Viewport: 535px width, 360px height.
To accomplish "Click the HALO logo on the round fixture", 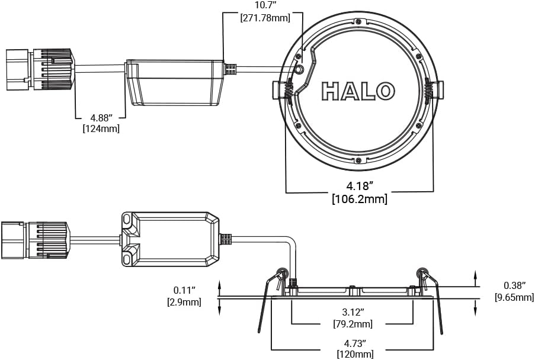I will point(358,91).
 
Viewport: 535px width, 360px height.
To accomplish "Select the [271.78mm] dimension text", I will point(265,18).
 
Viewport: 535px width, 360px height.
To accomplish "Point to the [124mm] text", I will point(101,128).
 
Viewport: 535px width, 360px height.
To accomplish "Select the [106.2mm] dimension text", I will point(359,199).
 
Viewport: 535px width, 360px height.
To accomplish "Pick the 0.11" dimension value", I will point(184,290).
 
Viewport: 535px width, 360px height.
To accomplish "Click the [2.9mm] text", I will point(184,302).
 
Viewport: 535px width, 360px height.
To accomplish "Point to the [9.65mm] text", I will point(514,297).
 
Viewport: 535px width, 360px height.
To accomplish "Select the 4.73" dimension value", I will point(355,343).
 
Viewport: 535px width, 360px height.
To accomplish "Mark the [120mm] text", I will point(355,354).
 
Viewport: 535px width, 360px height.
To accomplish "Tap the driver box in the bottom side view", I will point(170,239).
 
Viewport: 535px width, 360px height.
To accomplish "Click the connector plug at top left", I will point(39,70).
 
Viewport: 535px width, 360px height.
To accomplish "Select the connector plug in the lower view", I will point(34,239).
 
